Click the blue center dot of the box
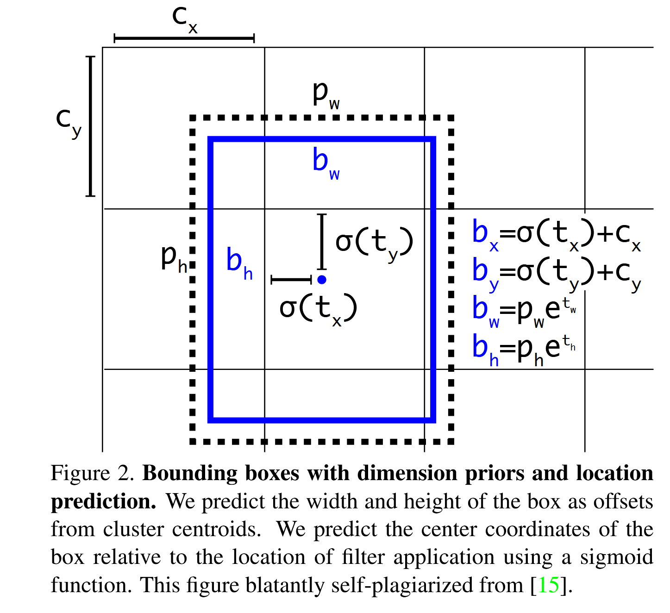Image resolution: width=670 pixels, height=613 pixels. click(x=322, y=279)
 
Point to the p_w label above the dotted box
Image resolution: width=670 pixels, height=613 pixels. click(x=326, y=95)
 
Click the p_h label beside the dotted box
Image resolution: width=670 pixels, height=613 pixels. click(x=174, y=258)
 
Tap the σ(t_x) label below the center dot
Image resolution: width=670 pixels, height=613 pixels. click(x=318, y=309)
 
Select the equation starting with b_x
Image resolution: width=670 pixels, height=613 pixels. click(x=556, y=234)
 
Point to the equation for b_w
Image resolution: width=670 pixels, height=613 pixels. click(x=524, y=310)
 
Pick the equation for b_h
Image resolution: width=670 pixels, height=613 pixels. click(x=524, y=348)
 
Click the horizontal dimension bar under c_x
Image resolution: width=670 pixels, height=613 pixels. click(x=184, y=38)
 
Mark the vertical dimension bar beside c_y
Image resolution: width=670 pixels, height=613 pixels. click(x=90, y=126)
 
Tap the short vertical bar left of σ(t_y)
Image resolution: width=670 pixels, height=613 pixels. click(x=322, y=241)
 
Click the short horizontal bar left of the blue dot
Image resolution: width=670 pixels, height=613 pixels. click(x=291, y=279)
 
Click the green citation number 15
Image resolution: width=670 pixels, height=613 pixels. click(x=549, y=585)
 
